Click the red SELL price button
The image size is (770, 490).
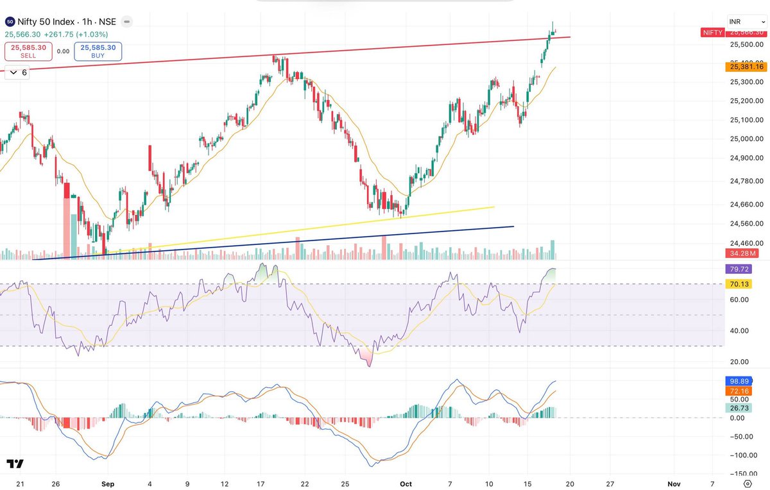coord(28,51)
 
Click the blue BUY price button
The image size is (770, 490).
coord(98,51)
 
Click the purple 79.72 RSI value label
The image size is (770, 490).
coord(740,269)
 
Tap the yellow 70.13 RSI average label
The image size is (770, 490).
coord(740,284)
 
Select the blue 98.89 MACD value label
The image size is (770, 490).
coord(740,382)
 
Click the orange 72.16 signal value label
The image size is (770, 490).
coord(740,391)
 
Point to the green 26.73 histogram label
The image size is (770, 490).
coord(740,408)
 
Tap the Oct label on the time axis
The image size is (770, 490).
coord(407,484)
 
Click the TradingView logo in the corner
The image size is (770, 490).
coord(15,464)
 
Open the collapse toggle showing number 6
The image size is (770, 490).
coord(17,72)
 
